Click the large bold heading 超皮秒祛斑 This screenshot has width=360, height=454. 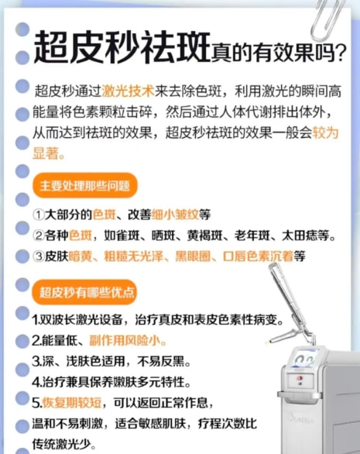coord(122,48)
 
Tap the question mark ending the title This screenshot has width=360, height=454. coord(341,53)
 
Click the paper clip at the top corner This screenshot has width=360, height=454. coord(327,19)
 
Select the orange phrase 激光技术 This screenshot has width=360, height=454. coord(129,91)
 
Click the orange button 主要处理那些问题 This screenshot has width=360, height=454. coord(85,186)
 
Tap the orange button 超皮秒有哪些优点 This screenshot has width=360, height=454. coord(84,292)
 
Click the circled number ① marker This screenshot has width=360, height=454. coord(38,215)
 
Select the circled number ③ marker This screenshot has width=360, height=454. coord(38,256)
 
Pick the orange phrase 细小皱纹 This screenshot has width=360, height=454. coord(175,215)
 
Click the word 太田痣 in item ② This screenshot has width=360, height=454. coord(300,236)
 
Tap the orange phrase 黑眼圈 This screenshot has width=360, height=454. coord(193,256)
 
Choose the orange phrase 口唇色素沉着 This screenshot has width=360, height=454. coord(258,256)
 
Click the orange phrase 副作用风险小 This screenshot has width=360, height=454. coord(125,341)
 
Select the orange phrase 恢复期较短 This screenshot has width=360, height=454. coord(72,402)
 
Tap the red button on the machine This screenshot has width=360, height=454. coord(300,378)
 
